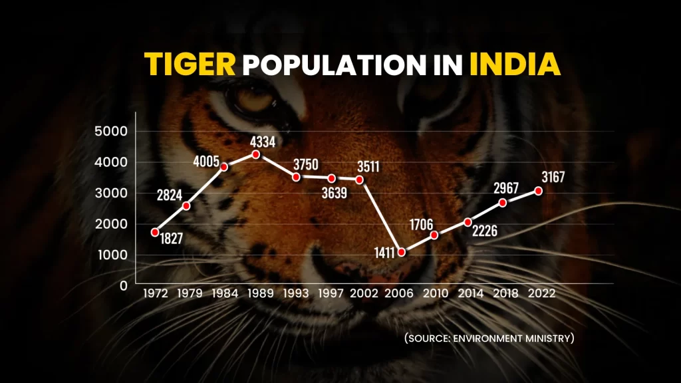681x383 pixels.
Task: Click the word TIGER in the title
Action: pyautogui.click(x=191, y=64)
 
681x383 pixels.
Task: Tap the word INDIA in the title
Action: pyautogui.click(x=514, y=64)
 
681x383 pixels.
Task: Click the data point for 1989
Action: pyautogui.click(x=255, y=154)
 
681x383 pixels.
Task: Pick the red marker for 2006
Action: pyautogui.click(x=401, y=252)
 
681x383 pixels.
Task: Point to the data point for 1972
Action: pyautogui.click(x=155, y=232)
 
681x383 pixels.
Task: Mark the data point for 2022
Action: pyautogui.click(x=538, y=191)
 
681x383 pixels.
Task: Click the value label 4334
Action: pyautogui.click(x=262, y=141)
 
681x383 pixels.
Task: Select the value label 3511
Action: pyautogui.click(x=366, y=166)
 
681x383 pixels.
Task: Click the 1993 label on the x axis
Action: pyautogui.click(x=295, y=293)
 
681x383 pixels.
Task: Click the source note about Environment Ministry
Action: pyautogui.click(x=489, y=338)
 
